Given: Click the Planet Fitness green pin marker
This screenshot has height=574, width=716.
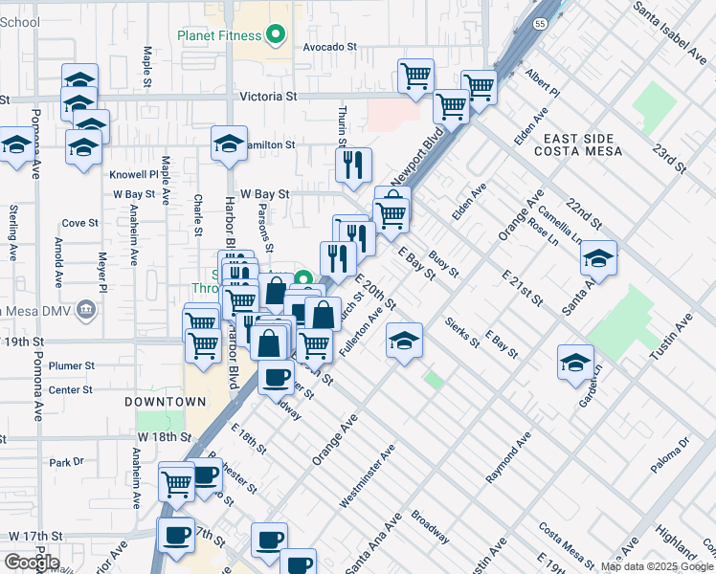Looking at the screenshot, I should pos(277,35).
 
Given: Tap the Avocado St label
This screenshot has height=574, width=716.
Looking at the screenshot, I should pos(329,45).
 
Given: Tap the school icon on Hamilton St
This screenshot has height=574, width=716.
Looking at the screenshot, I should pos(229,143).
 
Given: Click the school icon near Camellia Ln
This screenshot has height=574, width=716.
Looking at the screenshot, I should pos(598,258).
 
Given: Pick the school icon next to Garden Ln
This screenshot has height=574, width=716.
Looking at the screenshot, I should pos(575,363).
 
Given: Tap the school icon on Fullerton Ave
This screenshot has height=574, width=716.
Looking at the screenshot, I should pos(404,341).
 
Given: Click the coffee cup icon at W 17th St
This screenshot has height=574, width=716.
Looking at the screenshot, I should pos(176,536).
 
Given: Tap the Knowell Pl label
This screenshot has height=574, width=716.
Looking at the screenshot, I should pos(133,175).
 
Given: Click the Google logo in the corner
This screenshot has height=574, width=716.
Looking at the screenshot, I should pos(31,562).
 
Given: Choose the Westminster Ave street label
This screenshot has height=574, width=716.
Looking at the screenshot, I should pos(368,476).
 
